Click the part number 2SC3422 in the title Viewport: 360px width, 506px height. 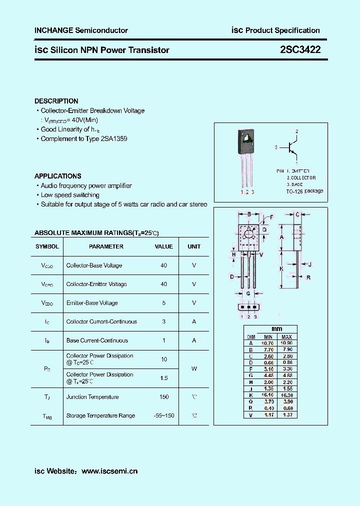[x=300, y=49]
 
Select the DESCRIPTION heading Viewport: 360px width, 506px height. [x=56, y=101]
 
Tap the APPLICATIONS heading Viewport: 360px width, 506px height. [x=57, y=176]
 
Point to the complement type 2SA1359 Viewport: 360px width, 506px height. [x=113, y=138]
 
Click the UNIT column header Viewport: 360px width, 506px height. [x=194, y=246]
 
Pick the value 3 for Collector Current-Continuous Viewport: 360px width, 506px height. [x=164, y=321]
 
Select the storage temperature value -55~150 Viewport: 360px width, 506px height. [x=164, y=415]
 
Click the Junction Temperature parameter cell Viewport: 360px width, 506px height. [x=92, y=397]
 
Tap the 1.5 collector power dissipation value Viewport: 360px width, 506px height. [x=164, y=378]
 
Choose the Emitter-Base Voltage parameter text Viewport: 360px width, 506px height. [x=92, y=303]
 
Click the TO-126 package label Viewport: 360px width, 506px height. [x=304, y=191]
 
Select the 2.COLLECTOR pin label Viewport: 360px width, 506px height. [x=301, y=177]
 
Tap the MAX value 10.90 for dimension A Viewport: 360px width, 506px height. [x=286, y=343]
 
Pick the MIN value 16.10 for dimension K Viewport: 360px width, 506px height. [x=268, y=394]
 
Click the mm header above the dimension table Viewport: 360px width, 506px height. [x=276, y=328]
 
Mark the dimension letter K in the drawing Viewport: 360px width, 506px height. [x=281, y=268]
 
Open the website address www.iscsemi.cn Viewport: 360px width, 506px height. [x=109, y=471]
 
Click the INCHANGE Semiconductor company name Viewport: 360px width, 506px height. [x=81, y=30]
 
